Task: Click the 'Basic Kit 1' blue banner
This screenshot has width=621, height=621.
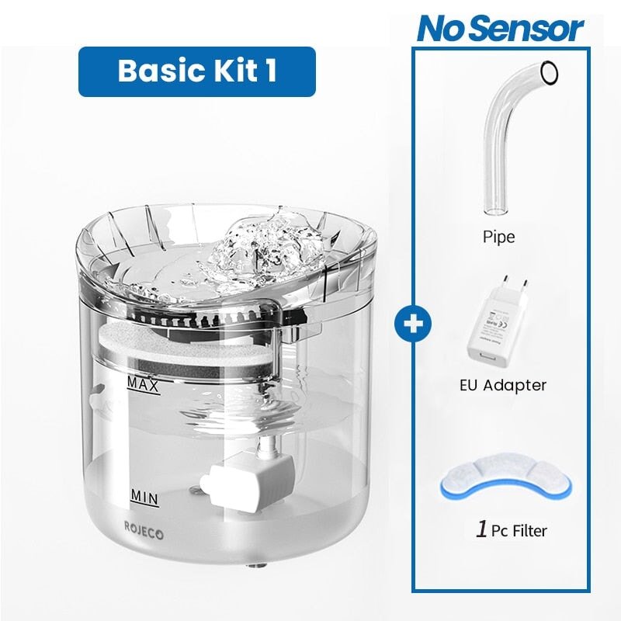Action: (197, 71)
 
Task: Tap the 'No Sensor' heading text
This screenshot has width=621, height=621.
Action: (500, 29)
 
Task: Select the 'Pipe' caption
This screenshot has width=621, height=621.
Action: (498, 237)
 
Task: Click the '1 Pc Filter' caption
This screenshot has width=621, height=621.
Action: (511, 531)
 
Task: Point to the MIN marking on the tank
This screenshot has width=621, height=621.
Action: (144, 494)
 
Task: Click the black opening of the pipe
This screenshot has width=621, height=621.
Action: (550, 71)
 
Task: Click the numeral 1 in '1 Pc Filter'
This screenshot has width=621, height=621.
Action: (481, 531)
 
